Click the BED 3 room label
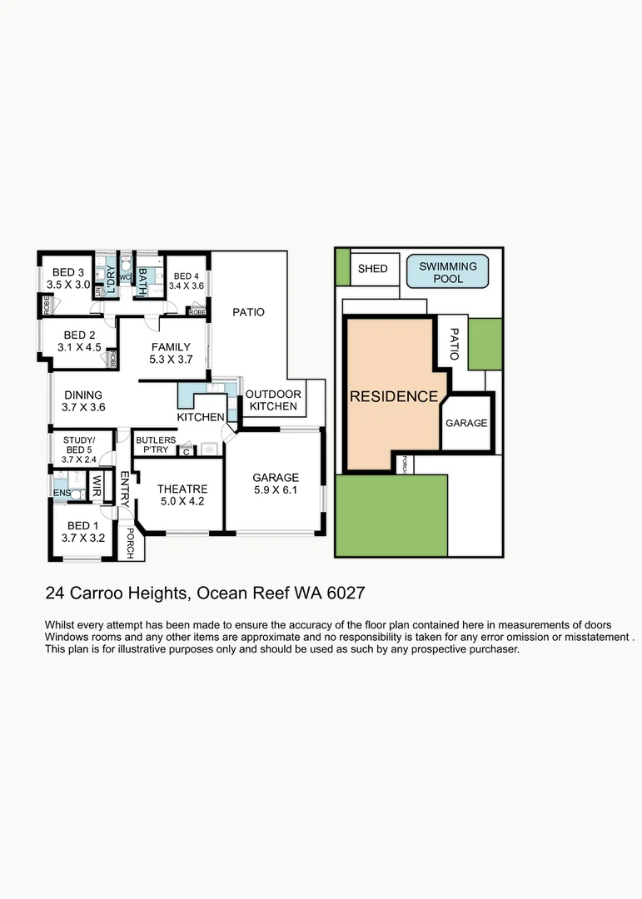tap(69, 272)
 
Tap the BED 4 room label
tap(187, 276)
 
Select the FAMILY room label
tap(171, 347)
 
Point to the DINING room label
tap(82, 395)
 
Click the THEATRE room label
tap(182, 489)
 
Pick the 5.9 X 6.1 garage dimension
tap(276, 490)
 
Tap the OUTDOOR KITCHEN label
tap(273, 400)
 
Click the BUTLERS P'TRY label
tap(155, 445)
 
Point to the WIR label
tap(97, 485)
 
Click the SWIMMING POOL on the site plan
tap(448, 272)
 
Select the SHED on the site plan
tap(372, 269)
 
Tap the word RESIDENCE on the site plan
tap(393, 397)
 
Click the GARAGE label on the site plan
tap(466, 423)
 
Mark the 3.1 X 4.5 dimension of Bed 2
tap(80, 347)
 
